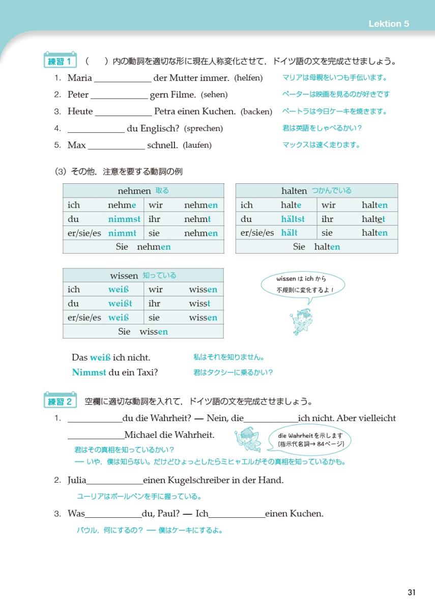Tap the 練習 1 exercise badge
pyautogui.click(x=61, y=62)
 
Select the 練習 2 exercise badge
pyautogui.click(x=61, y=402)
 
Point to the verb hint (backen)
pyautogui.click(x=256, y=112)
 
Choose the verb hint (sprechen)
pyautogui.click(x=203, y=128)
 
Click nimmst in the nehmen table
pyautogui.click(x=124, y=219)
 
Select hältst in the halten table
pyautogui.click(x=293, y=219)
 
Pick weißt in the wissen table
pyautogui.click(x=120, y=303)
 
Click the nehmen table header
pyautogui.click(x=143, y=191)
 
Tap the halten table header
pyautogui.click(x=316, y=191)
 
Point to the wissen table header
pyautogui.click(x=143, y=275)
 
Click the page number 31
pyautogui.click(x=412, y=592)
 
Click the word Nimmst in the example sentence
pyautogui.click(x=89, y=372)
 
